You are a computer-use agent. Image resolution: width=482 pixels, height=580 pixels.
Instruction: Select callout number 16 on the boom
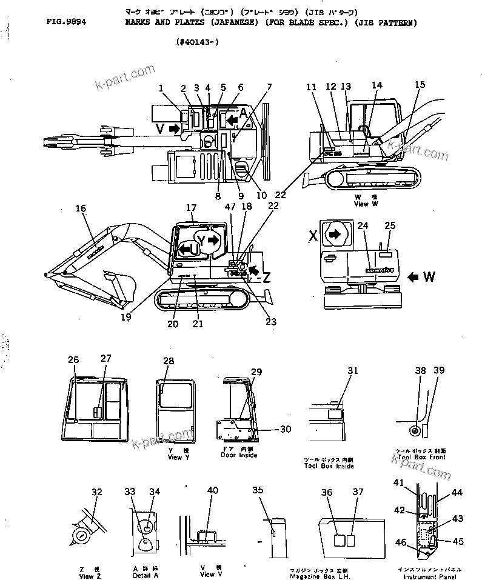pos(81,208)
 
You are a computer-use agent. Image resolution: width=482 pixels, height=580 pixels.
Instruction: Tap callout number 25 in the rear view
pos(390,225)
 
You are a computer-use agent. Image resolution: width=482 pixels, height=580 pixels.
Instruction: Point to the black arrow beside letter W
pos(415,277)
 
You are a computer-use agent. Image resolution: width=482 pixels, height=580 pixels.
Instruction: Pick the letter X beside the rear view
pos(314,236)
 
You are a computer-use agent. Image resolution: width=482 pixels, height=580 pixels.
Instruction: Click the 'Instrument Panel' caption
pos(429,576)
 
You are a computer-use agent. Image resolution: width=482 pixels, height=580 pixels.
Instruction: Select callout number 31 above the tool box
pos(352,370)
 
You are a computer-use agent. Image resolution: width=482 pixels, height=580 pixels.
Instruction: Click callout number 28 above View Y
pos(168,361)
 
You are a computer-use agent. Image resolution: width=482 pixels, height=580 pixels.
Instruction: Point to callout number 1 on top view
pos(161,88)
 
